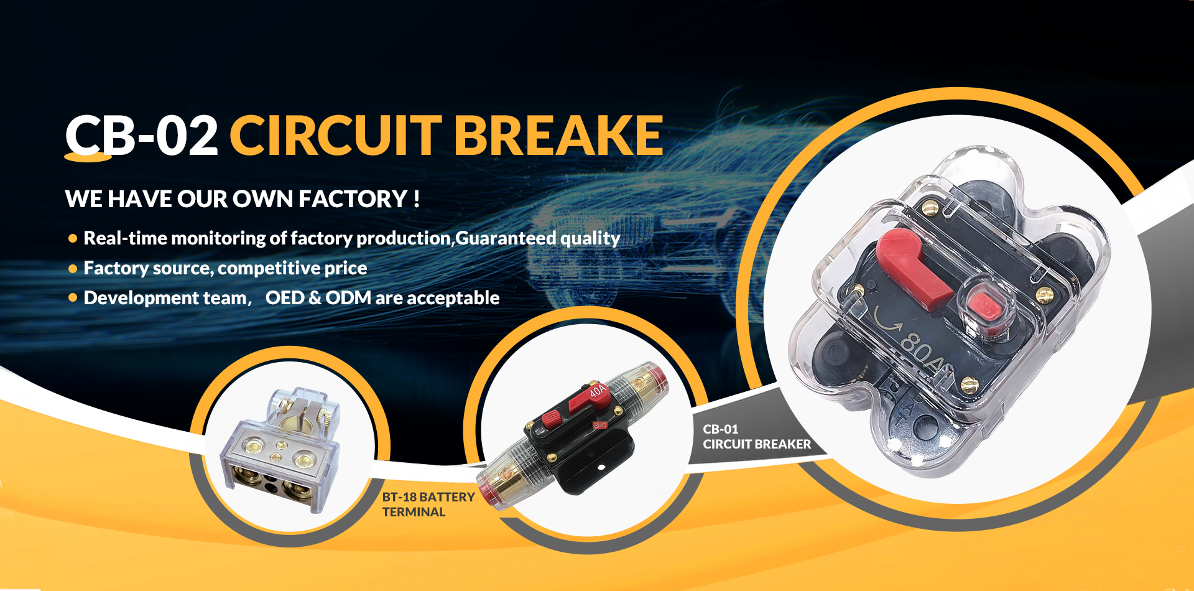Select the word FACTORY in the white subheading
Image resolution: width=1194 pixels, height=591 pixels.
(x=353, y=199)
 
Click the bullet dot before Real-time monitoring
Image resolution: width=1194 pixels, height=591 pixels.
(x=73, y=238)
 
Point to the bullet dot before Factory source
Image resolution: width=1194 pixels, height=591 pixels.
(x=73, y=269)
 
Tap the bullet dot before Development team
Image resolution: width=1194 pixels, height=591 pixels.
(x=73, y=298)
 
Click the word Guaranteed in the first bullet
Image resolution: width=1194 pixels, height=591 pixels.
(x=506, y=238)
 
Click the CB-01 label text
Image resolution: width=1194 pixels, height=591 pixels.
(x=721, y=429)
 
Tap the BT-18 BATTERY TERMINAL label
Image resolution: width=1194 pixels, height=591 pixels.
(x=428, y=505)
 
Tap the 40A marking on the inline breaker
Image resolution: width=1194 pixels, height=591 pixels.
(x=597, y=391)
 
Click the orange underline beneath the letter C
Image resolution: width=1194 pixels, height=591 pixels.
(x=88, y=157)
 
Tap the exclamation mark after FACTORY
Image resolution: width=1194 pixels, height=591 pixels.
(x=417, y=199)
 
